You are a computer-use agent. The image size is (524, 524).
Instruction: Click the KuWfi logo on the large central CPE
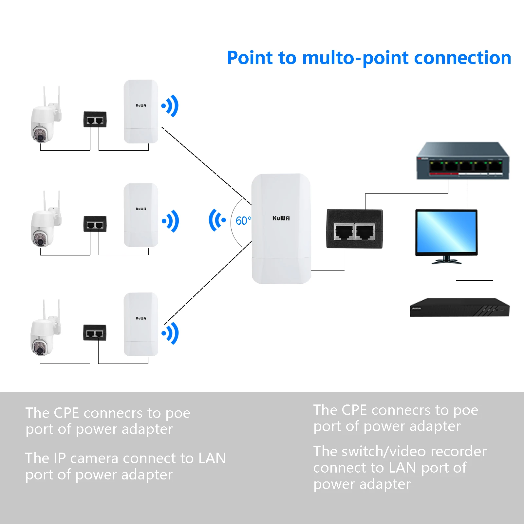pos(281,218)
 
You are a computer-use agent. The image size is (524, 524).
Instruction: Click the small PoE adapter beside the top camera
pos(95,120)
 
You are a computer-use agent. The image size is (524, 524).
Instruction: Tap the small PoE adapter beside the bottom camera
pos(95,333)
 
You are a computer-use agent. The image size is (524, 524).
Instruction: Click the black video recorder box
pos(459,307)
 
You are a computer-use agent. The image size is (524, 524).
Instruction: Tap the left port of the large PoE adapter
pos(344,232)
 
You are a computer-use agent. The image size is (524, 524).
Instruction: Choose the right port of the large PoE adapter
pos(365,232)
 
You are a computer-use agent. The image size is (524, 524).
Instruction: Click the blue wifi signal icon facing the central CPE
pos(217,220)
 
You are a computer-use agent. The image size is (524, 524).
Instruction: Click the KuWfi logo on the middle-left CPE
pos(141,209)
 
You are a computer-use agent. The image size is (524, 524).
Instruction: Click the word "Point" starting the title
pos(250,58)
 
